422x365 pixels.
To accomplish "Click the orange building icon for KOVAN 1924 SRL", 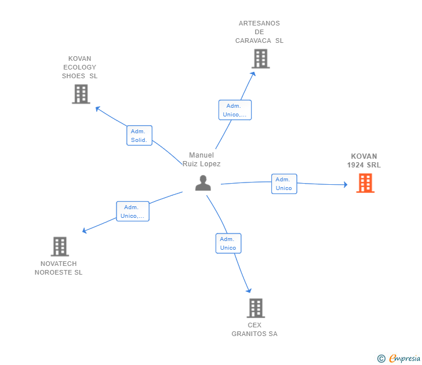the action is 365,183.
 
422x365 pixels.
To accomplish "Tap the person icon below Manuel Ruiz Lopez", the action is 203,183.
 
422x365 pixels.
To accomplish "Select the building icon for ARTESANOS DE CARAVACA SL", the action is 261,59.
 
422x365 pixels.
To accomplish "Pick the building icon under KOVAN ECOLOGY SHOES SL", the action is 81,94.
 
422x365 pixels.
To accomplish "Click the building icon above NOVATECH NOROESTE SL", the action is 60,246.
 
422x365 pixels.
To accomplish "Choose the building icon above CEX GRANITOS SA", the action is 256,308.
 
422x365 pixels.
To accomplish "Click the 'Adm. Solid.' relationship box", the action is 139,136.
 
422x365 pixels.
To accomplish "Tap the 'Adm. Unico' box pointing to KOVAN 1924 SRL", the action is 284,184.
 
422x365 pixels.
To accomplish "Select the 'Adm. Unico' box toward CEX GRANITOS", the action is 228,243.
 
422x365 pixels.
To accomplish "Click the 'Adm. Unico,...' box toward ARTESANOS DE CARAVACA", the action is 235,110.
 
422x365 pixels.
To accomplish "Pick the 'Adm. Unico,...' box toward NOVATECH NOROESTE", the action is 133,211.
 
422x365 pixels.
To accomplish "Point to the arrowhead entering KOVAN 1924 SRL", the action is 345,184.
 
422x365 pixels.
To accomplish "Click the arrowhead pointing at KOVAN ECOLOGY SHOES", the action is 98,109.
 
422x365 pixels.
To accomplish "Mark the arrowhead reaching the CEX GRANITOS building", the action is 249,290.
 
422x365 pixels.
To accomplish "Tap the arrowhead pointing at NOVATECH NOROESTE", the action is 84,231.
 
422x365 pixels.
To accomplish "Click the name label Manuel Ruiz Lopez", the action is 201,159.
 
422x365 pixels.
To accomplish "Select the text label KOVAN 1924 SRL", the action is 364,160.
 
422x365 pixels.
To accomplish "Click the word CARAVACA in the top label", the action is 253,41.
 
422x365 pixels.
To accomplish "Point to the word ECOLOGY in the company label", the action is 79,67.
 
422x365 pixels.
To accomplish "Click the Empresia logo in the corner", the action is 399,358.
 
